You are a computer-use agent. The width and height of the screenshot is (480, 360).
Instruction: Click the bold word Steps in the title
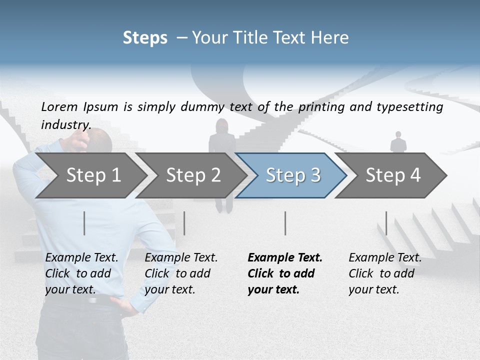(145, 37)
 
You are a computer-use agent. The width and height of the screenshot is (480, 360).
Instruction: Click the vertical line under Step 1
(84, 223)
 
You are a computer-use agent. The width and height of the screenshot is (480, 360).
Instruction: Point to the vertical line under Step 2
(184, 223)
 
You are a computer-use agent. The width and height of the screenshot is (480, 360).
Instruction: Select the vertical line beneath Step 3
(285, 223)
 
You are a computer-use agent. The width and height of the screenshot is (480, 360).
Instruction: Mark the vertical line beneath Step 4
(386, 223)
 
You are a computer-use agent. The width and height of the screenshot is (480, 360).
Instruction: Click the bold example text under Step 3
(284, 273)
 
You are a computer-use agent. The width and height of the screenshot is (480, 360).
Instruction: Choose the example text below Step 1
(81, 273)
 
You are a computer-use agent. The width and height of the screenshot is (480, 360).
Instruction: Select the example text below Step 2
(181, 273)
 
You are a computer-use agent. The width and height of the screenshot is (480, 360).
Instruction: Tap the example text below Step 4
(385, 273)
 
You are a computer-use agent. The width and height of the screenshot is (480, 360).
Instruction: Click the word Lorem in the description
(59, 106)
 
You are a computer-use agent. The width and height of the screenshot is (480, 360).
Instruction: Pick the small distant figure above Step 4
(398, 143)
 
